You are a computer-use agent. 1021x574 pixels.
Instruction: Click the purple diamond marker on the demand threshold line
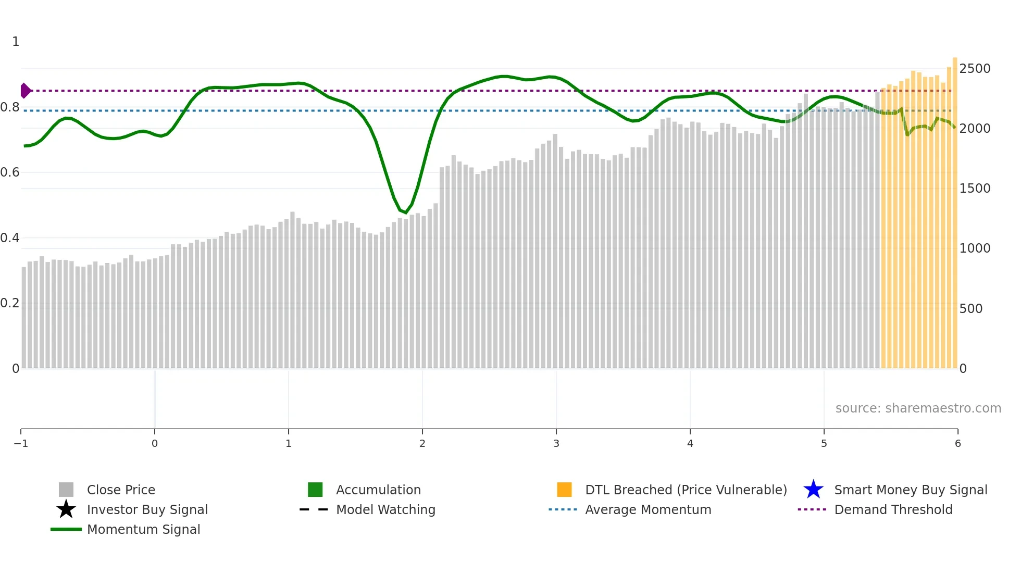(25, 91)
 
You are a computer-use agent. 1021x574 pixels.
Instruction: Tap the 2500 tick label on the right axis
(975, 69)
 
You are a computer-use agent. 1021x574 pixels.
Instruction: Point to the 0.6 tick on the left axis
(10, 172)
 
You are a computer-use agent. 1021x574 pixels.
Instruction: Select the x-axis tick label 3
(556, 444)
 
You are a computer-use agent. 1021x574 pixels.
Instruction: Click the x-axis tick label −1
(21, 444)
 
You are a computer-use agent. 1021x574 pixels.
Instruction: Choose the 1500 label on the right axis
(975, 189)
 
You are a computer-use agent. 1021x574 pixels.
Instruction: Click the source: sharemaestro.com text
(918, 408)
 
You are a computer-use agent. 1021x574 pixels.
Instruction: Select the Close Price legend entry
(121, 490)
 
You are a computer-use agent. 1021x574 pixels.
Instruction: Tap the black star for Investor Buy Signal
(66, 509)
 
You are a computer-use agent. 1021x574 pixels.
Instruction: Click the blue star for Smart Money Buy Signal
(813, 490)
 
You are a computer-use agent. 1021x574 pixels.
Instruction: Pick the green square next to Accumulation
(315, 490)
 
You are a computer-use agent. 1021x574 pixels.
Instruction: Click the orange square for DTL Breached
(564, 490)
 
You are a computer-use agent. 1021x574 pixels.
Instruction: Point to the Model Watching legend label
(385, 510)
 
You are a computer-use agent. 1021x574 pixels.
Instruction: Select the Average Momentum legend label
(648, 510)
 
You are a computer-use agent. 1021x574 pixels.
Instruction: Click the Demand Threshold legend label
(893, 510)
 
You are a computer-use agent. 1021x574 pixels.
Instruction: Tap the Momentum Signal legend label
(143, 530)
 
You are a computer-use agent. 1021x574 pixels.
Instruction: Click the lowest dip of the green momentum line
(406, 213)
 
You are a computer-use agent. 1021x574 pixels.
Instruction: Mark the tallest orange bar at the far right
(955, 208)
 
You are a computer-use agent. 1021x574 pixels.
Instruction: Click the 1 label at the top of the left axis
(16, 42)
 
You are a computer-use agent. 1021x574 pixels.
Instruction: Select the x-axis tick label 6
(957, 444)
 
